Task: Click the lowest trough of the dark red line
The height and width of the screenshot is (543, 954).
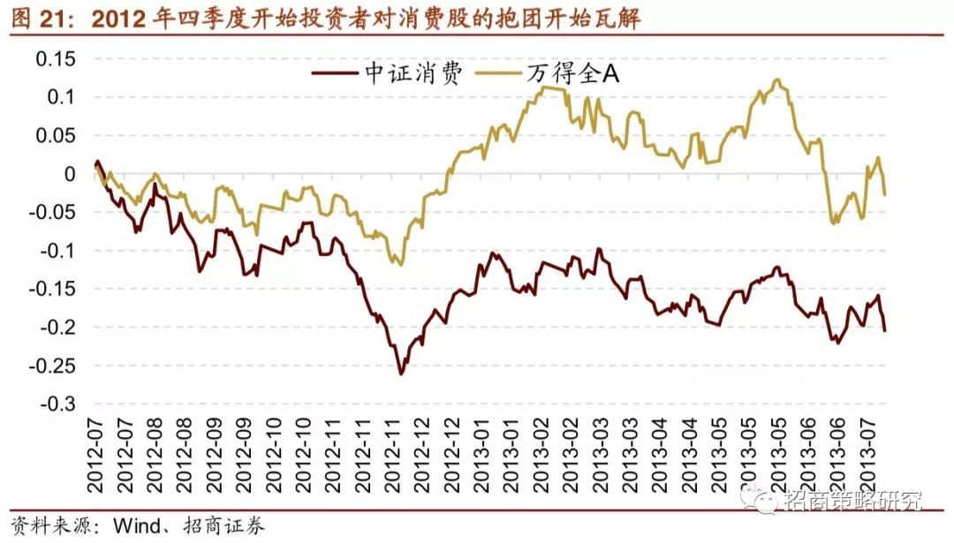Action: pos(400,373)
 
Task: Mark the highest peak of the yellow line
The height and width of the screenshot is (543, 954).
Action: pos(776,79)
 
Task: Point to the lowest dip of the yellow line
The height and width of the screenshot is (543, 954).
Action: pos(400,264)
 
